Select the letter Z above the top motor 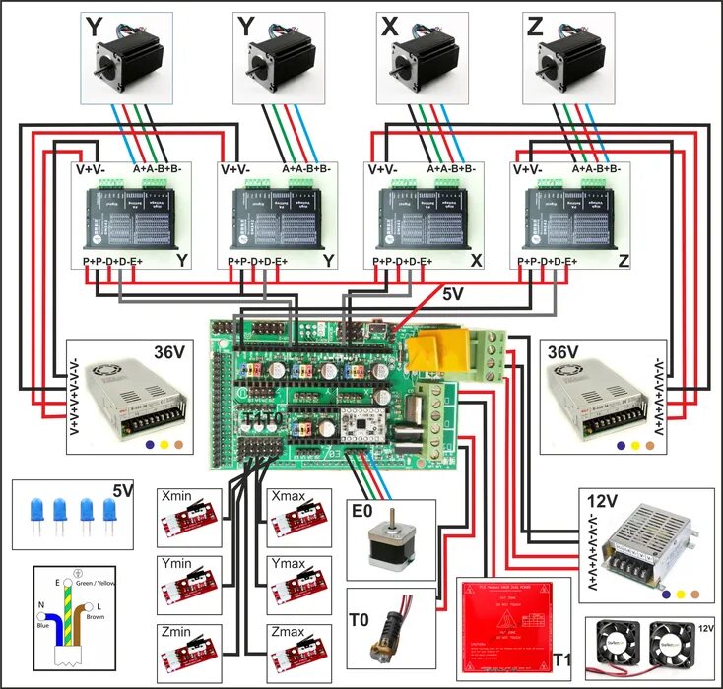(535, 27)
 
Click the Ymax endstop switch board (296, 581)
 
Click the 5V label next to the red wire (451, 293)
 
